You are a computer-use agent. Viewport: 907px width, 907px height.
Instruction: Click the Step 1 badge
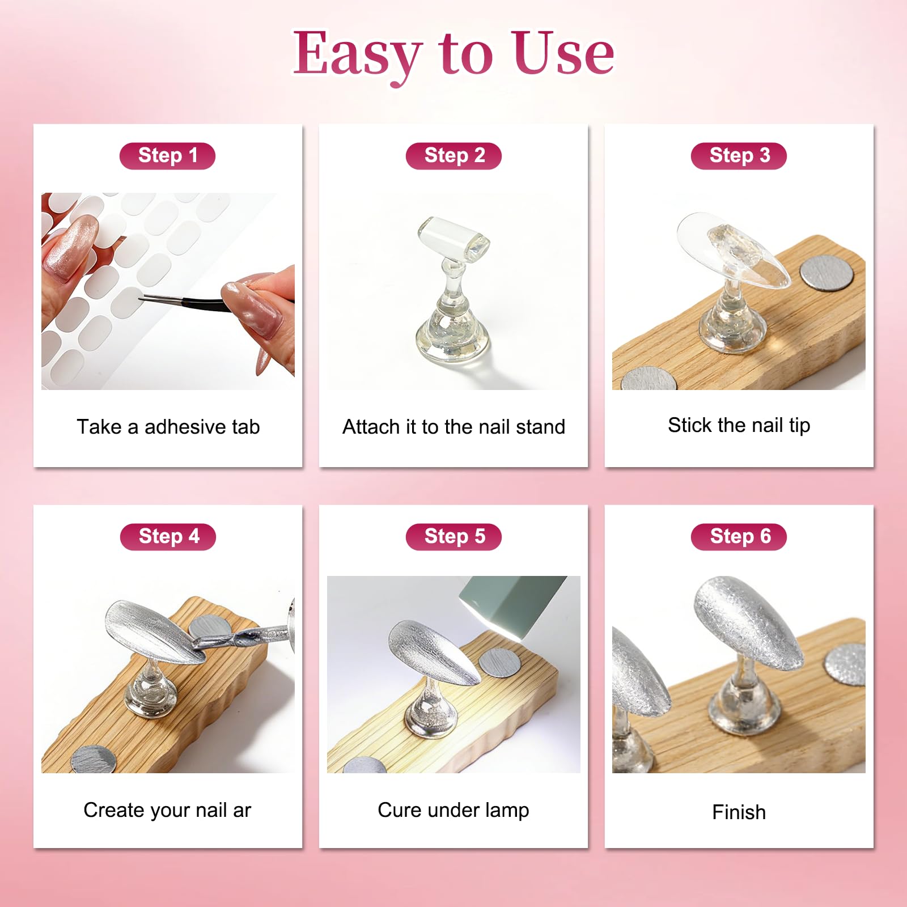[x=167, y=156]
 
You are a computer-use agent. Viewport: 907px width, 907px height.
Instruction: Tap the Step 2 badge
[x=453, y=156]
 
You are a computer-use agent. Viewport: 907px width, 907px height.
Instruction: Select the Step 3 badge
[x=739, y=156]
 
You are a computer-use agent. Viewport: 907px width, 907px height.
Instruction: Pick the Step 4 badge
[x=168, y=537]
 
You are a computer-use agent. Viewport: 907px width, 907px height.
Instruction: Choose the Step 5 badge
[x=453, y=537]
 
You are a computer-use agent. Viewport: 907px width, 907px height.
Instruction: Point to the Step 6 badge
[x=739, y=537]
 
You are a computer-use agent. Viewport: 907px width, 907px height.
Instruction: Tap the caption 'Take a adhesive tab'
[x=168, y=427]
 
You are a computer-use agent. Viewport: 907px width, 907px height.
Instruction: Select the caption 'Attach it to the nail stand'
[x=453, y=427]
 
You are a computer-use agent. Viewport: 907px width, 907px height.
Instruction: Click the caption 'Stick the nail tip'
[x=739, y=425]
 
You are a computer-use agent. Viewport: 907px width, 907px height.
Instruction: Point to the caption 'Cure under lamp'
[x=453, y=810]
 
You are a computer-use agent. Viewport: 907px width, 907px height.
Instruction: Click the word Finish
[x=739, y=812]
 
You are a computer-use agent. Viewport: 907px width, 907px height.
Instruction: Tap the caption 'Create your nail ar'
[x=167, y=810]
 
